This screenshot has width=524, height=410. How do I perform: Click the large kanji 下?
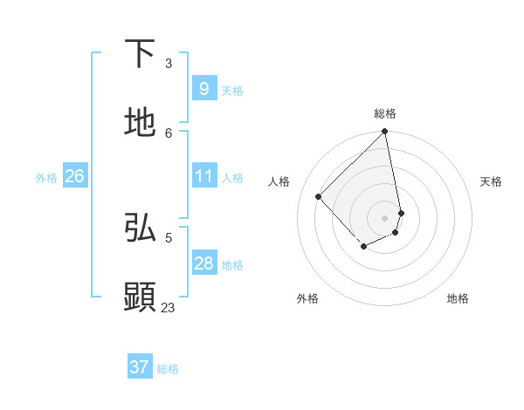[141, 54]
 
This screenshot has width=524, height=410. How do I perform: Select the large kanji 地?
[141, 123]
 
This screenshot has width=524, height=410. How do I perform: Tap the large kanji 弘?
[141, 229]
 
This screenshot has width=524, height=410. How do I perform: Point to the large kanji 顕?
[141, 297]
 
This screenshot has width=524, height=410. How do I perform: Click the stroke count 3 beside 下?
[169, 64]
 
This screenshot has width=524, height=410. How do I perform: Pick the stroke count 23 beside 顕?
[168, 307]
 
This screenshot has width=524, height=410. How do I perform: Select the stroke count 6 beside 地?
[169, 133]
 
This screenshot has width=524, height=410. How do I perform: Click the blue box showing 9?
[203, 89]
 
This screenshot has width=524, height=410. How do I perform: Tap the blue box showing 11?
[203, 177]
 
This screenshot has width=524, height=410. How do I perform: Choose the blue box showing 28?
[203, 263]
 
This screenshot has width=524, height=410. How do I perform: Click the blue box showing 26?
[74, 177]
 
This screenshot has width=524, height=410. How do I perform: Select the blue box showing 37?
[139, 367]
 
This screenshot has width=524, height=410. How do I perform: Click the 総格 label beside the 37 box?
[168, 369]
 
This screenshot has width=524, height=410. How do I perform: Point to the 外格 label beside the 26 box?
[46, 178]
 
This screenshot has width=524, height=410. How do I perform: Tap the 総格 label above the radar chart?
[385, 113]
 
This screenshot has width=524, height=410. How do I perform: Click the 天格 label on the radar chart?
[491, 181]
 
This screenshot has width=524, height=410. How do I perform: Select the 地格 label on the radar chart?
[458, 298]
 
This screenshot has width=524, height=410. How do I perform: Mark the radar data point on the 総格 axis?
[385, 132]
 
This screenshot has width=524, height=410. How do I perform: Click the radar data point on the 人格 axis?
[319, 196]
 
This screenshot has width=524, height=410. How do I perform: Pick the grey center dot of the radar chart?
[385, 217]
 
